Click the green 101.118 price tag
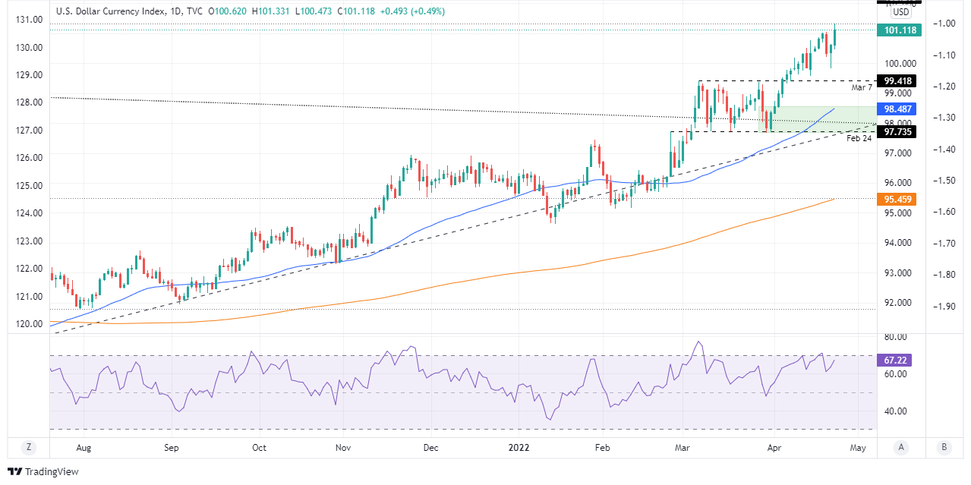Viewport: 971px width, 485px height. coord(895,30)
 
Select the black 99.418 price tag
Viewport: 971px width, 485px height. coord(895,80)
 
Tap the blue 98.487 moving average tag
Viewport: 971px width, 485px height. coord(895,109)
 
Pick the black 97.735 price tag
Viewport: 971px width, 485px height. coord(895,132)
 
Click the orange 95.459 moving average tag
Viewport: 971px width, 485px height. coord(895,199)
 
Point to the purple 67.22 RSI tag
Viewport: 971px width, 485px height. coord(895,361)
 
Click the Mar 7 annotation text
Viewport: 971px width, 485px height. coord(862,88)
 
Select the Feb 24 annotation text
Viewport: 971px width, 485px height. coord(859,139)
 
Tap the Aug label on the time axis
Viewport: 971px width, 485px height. coord(84,448)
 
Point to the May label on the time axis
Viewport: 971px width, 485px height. coord(858,448)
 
